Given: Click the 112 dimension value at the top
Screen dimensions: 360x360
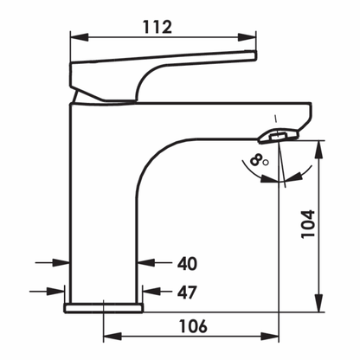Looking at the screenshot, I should [162, 26].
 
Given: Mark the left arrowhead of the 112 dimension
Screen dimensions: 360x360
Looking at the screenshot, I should [75, 36].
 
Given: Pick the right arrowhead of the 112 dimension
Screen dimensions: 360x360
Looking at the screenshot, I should [252, 36].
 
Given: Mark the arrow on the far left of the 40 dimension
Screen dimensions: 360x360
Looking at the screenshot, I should [62, 262].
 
